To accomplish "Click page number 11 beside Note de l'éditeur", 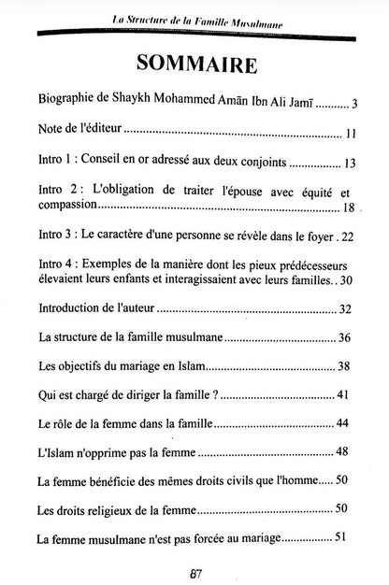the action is pos(350,134).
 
